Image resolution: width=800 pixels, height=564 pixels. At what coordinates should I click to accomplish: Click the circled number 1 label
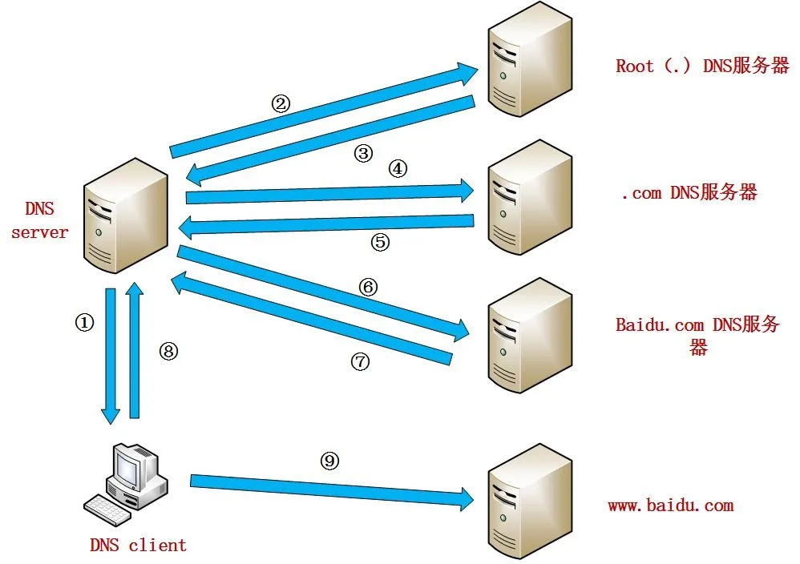[84, 323]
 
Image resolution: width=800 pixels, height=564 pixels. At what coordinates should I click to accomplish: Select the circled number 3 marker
[364, 154]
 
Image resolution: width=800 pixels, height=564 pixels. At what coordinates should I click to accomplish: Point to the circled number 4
[398, 169]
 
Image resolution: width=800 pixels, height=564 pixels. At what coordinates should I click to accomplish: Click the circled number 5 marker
[380, 242]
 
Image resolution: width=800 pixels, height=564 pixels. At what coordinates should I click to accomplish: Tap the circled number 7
[360, 362]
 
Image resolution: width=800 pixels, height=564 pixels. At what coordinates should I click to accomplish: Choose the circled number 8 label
[168, 351]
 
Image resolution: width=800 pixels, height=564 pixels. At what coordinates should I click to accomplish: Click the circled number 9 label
[330, 461]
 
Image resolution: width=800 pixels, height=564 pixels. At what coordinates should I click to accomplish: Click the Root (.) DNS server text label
[702, 66]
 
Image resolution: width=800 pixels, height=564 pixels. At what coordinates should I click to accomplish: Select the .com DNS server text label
[688, 192]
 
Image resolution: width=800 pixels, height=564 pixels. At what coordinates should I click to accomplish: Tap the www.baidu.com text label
[670, 506]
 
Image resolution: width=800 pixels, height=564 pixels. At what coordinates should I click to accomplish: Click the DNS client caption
[138, 546]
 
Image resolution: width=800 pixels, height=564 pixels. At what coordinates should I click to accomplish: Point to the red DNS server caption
[39, 220]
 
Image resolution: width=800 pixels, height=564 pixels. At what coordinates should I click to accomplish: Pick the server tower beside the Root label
[530, 61]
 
